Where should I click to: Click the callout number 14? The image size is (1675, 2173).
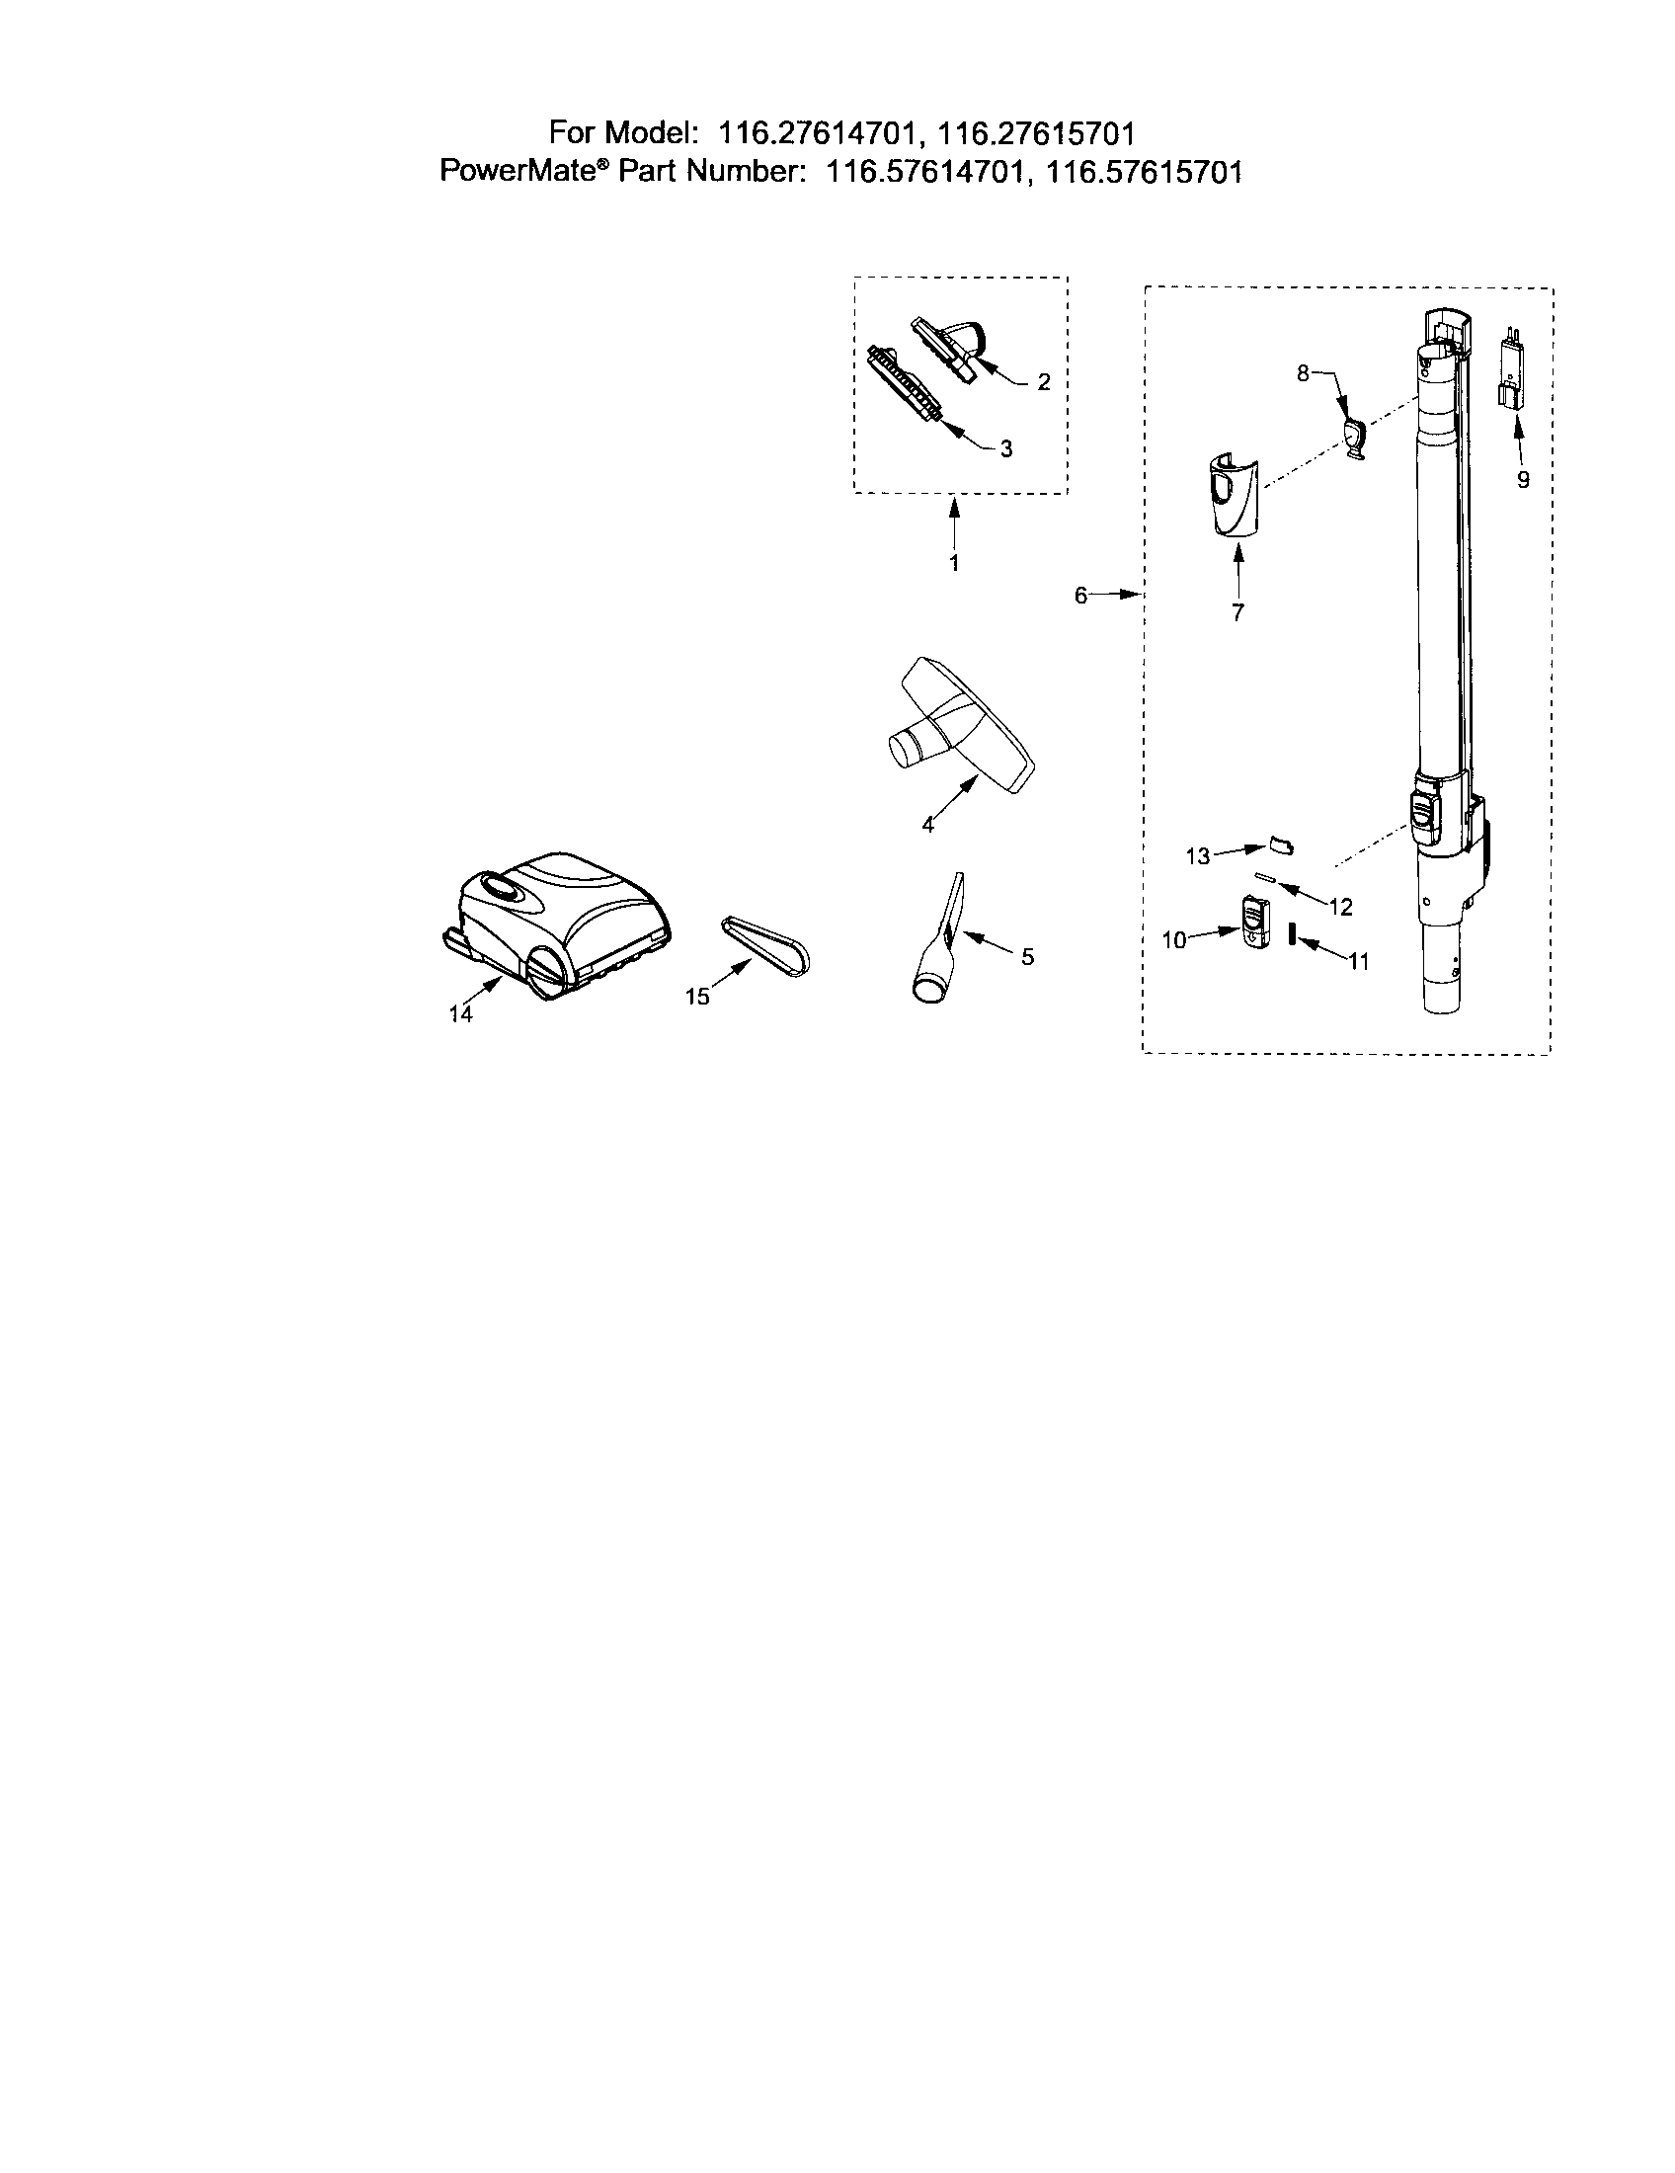(x=459, y=1013)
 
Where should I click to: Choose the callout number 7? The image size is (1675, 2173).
(x=1237, y=613)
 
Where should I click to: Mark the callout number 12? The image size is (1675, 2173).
(x=1341, y=907)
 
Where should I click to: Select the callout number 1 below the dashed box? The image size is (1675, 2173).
(x=954, y=563)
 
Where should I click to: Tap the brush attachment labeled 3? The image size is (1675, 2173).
(x=904, y=383)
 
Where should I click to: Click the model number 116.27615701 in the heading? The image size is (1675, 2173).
(x=1036, y=132)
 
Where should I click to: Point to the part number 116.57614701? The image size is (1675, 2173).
(x=923, y=173)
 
